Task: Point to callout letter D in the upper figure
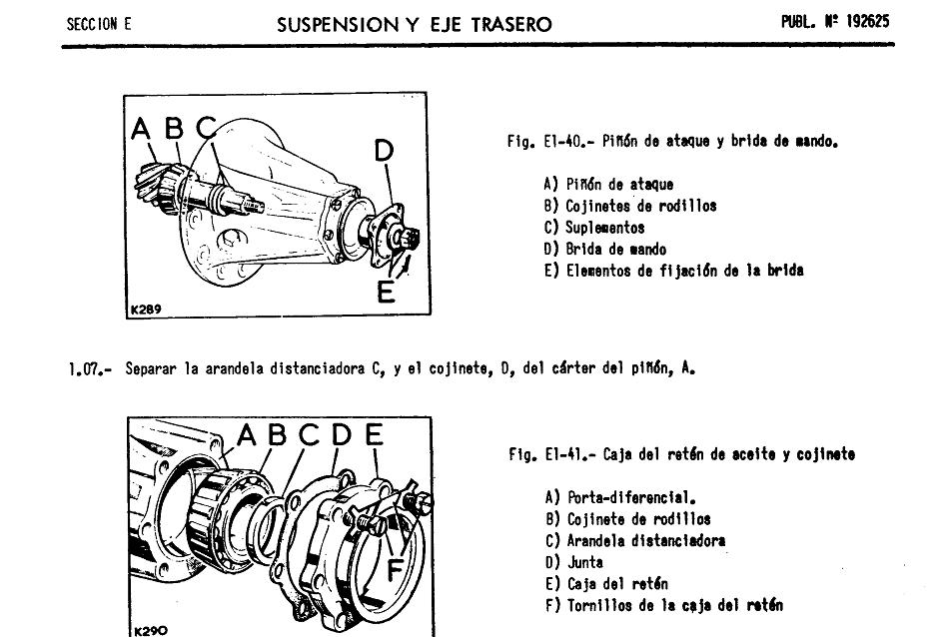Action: coord(384,151)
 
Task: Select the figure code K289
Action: coord(145,310)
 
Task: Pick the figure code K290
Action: coord(148,630)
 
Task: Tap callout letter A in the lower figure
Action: coord(247,436)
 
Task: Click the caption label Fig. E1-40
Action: coord(538,142)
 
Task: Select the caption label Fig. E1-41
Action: coord(540,454)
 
